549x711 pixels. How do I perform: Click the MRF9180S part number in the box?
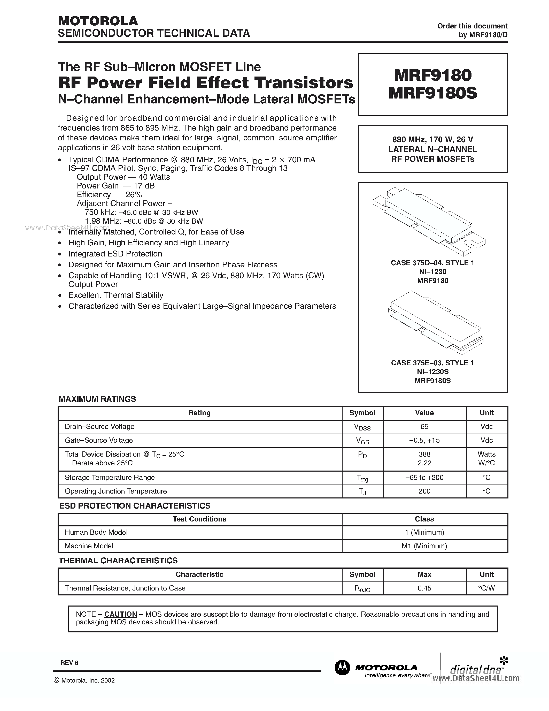[432, 93]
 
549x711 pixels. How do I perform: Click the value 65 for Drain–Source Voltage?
[424, 426]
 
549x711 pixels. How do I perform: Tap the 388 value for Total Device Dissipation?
[424, 454]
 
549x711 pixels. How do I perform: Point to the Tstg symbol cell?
[362, 478]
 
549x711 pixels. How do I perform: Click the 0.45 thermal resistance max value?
[424, 588]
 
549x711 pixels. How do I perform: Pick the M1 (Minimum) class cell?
[424, 546]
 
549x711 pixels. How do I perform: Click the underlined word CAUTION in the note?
[121, 614]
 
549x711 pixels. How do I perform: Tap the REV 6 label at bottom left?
[69, 663]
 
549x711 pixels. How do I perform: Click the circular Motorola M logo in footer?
[342, 668]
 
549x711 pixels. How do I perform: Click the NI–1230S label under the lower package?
[432, 372]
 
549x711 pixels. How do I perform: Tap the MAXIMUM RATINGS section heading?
[97, 399]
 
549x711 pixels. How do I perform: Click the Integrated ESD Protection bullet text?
[115, 254]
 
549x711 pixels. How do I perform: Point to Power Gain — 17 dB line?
[115, 186]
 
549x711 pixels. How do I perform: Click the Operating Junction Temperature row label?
[115, 491]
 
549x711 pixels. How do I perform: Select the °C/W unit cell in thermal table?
[486, 588]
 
